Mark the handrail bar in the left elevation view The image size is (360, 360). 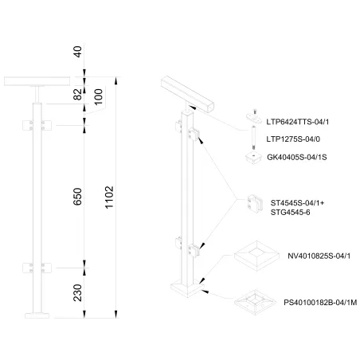pyautogui.click(x=37, y=82)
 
